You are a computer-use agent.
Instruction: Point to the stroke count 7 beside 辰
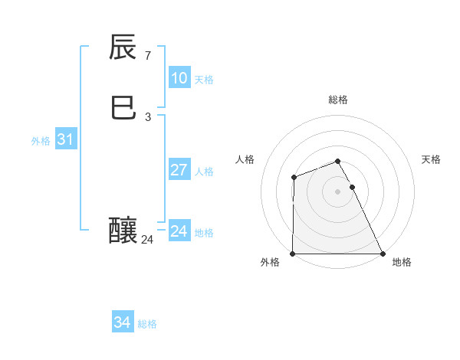pos(148,56)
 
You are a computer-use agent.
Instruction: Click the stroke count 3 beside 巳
pos(148,117)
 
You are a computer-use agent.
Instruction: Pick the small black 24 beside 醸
pos(147,240)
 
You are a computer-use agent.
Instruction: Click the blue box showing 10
pos(179,78)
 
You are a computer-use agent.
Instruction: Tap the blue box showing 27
pos(179,170)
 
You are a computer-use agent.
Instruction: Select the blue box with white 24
pos(179,231)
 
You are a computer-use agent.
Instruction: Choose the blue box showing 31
pos(65,139)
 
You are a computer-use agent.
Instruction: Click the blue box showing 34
pos(122,322)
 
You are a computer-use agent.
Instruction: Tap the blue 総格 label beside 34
pos(147,324)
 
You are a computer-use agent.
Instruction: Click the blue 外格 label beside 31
pos(41,141)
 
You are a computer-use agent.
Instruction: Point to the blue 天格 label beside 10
pos(204,80)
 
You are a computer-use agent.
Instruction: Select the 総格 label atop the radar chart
pos(338,100)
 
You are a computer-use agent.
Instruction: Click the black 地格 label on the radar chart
pos(402,262)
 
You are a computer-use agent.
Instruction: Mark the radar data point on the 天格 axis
pos(352,187)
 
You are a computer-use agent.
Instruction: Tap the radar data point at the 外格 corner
pos(293,254)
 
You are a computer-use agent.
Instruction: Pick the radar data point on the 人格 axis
pos(294,178)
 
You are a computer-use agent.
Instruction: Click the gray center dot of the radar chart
pos(338,191)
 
